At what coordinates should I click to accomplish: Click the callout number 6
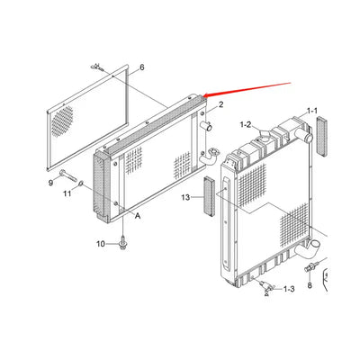point(141,67)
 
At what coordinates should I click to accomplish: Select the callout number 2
point(221,104)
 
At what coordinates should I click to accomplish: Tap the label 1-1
point(311,111)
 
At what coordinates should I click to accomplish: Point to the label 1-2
point(246,125)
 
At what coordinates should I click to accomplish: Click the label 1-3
point(289,289)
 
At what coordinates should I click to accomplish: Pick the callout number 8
point(310,285)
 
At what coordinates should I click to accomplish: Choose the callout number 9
point(50,182)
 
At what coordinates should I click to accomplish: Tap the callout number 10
point(101,244)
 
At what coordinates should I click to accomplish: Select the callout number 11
point(67,193)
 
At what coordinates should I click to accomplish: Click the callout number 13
point(185,197)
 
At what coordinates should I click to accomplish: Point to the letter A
point(138,215)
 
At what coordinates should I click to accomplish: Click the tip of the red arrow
point(203,96)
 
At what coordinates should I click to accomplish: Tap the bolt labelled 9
point(68,175)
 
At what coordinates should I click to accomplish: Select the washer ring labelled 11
point(81,184)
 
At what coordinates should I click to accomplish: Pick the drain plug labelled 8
point(310,266)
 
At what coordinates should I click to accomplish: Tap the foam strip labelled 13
point(209,196)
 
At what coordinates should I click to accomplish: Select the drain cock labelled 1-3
point(266,287)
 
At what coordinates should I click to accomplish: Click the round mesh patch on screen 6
point(63,121)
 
